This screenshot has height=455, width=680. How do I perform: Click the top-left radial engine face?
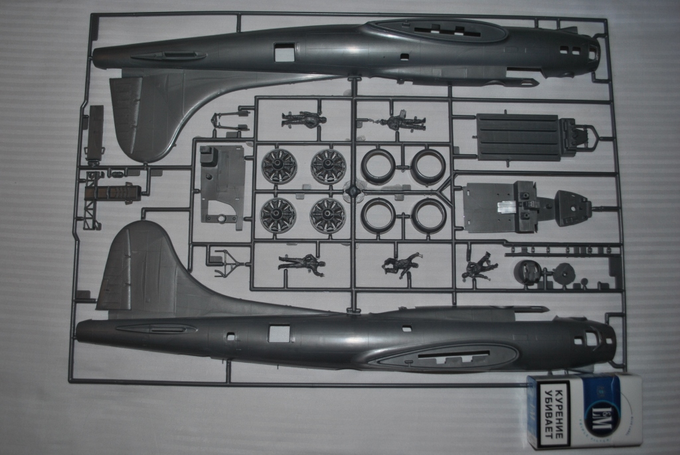278,166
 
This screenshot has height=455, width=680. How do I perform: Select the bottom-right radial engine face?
328,215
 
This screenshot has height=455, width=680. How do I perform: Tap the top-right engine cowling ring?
428,166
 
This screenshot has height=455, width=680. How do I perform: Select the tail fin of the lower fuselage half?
135,266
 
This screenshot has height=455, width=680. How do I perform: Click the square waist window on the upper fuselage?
284,52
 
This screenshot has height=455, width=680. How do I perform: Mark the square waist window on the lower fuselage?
279,333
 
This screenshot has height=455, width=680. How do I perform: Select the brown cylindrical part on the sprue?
113,193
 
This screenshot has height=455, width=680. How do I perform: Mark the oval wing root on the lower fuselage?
442,357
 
